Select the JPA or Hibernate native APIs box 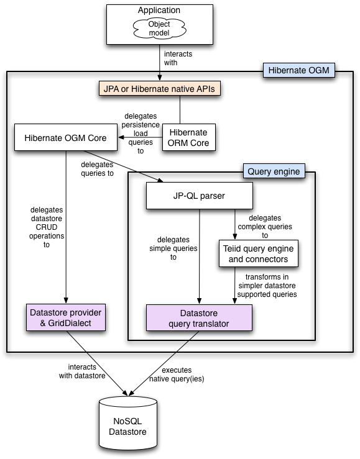[160, 89]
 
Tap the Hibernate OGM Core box [65, 137]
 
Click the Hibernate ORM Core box [189, 137]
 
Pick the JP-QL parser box [199, 196]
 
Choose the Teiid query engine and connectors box [258, 253]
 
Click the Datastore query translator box [199, 317]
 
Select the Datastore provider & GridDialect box [65, 317]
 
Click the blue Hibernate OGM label [299, 71]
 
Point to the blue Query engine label [273, 170]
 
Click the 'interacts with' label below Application [178, 58]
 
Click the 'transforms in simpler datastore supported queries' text [267, 284]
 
